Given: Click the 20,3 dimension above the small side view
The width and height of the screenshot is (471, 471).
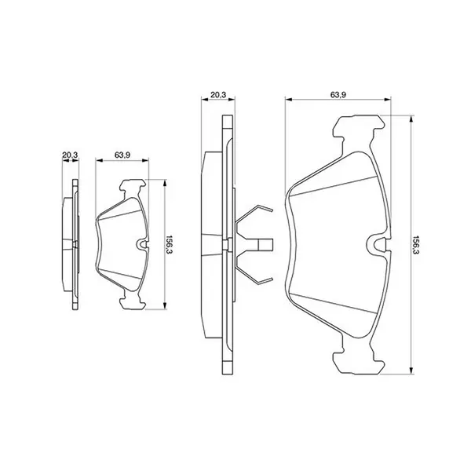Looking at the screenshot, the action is pos(70,155).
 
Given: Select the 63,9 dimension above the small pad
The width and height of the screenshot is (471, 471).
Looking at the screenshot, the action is pos(122,155).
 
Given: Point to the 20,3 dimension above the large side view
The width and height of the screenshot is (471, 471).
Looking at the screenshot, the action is pos(218,95).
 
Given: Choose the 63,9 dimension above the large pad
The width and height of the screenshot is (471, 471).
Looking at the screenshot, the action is pos(338,95).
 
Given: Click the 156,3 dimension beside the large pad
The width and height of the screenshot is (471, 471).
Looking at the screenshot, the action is pos(416,245).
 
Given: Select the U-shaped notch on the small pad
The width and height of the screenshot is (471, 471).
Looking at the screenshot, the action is pos(142,243).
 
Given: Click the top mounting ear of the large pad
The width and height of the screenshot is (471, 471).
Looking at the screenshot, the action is pos(359,126).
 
